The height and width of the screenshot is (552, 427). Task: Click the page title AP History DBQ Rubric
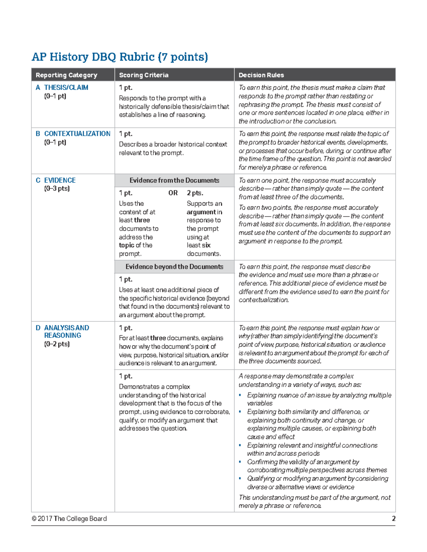click(x=120, y=57)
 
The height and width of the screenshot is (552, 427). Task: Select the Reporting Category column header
click(x=66, y=75)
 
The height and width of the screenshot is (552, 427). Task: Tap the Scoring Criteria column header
click(x=144, y=75)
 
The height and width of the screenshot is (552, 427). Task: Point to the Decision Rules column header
click(x=261, y=75)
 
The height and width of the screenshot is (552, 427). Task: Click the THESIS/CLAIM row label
click(x=66, y=87)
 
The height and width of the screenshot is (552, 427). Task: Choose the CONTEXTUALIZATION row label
click(x=77, y=134)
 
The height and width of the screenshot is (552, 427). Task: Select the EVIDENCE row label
click(x=59, y=180)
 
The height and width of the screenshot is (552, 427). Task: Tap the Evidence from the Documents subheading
click(x=174, y=180)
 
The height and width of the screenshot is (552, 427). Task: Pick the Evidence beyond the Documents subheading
click(x=174, y=267)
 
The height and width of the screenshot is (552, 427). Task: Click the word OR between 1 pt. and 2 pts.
click(x=173, y=193)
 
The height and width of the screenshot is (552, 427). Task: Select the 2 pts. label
click(x=195, y=193)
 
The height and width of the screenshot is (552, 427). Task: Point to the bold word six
click(x=206, y=245)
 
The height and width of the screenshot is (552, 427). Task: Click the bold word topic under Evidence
click(x=126, y=245)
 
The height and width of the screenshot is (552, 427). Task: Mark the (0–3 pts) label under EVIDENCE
click(x=57, y=188)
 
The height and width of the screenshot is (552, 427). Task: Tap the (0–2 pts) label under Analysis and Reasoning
click(x=57, y=344)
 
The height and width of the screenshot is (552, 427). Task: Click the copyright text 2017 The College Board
click(x=69, y=519)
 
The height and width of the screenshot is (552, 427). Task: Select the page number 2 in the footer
click(x=394, y=519)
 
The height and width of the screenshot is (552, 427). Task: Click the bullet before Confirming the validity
click(x=240, y=462)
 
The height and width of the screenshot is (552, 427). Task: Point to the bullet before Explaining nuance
click(x=240, y=395)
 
